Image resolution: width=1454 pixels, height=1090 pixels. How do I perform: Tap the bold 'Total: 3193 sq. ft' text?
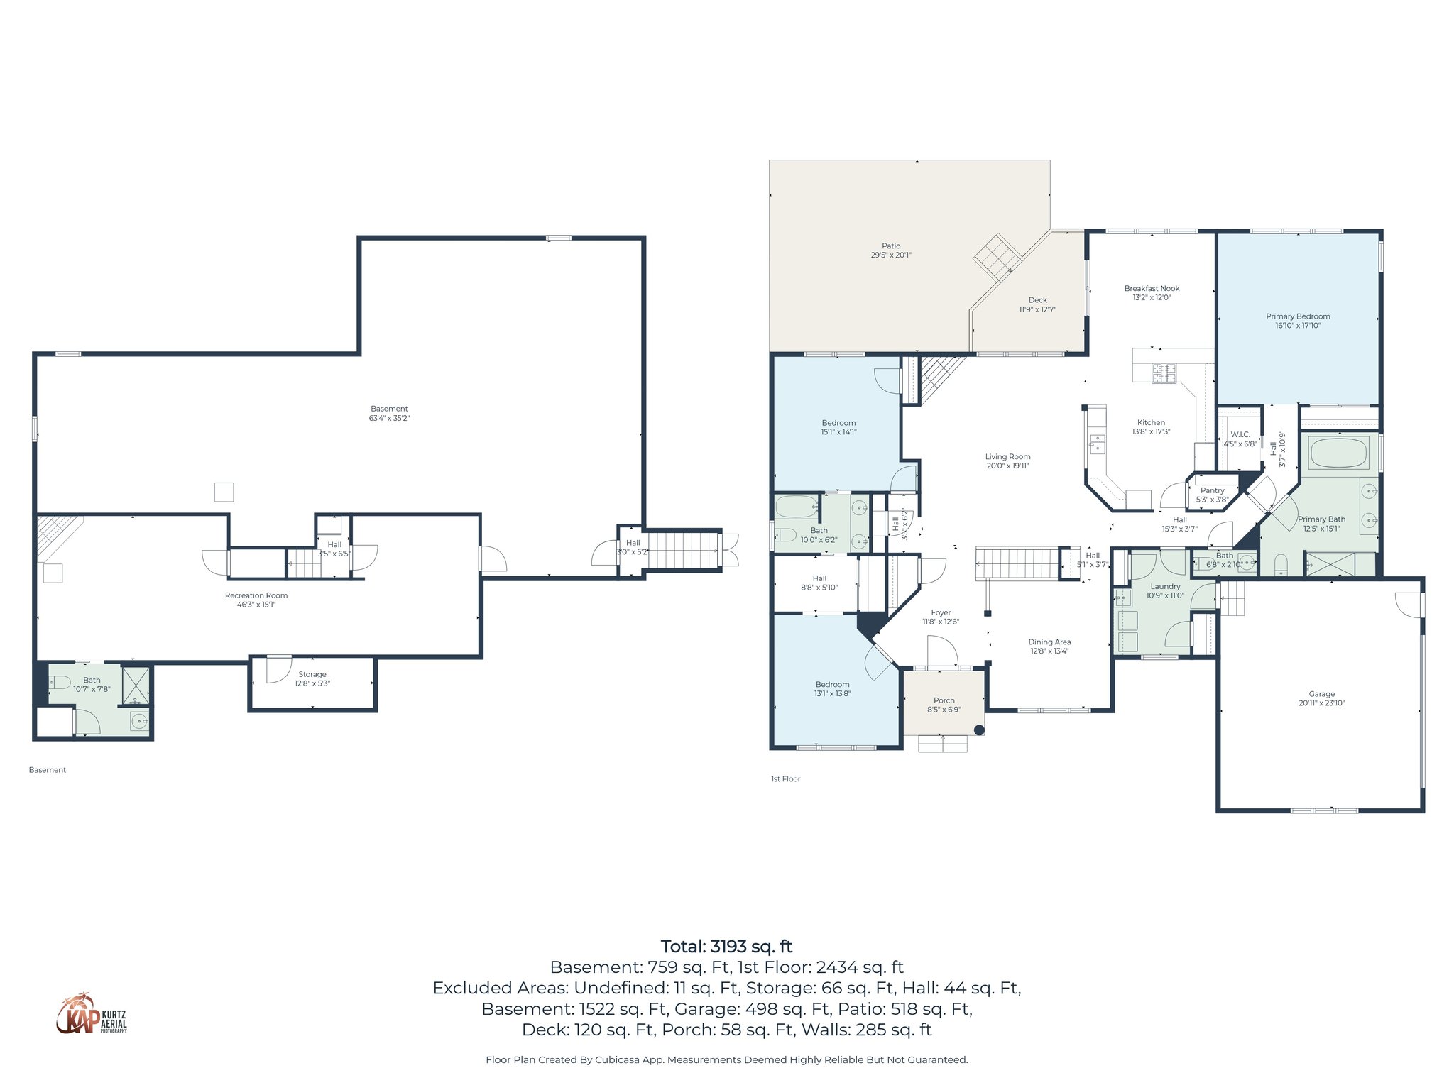pyautogui.click(x=726, y=947)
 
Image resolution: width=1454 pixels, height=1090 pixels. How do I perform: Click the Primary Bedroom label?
pyautogui.click(x=1298, y=316)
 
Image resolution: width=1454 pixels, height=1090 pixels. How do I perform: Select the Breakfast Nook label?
pyautogui.click(x=1152, y=288)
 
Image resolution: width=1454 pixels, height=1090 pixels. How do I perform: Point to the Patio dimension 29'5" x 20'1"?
pyautogui.click(x=891, y=255)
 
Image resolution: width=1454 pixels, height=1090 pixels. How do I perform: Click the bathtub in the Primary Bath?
pyautogui.click(x=1339, y=453)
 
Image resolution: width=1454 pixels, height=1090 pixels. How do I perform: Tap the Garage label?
pyautogui.click(x=1321, y=694)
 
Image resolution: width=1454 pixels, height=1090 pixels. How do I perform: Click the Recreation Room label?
pyautogui.click(x=256, y=595)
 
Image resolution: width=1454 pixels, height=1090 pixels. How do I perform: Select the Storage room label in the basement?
pyautogui.click(x=312, y=674)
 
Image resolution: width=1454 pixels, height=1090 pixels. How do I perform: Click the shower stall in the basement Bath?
pyautogui.click(x=136, y=686)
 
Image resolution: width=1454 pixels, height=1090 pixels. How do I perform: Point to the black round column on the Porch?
pyautogui.click(x=979, y=730)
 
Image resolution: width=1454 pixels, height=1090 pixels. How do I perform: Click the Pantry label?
pyautogui.click(x=1213, y=490)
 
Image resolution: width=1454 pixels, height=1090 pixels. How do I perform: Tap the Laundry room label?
pyautogui.click(x=1165, y=586)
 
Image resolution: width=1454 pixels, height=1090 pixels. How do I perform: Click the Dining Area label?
pyautogui.click(x=1049, y=642)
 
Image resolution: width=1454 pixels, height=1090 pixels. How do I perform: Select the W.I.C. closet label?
pyautogui.click(x=1240, y=434)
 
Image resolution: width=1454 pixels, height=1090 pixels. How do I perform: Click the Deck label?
pyautogui.click(x=1037, y=300)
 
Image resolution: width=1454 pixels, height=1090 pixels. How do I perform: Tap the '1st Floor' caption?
pyautogui.click(x=785, y=779)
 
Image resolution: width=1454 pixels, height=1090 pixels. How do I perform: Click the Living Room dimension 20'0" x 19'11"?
pyautogui.click(x=1007, y=466)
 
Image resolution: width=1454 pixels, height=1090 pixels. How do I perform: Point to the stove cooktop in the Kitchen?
pyautogui.click(x=1164, y=373)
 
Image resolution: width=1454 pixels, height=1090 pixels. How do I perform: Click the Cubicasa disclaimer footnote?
pyautogui.click(x=726, y=1060)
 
